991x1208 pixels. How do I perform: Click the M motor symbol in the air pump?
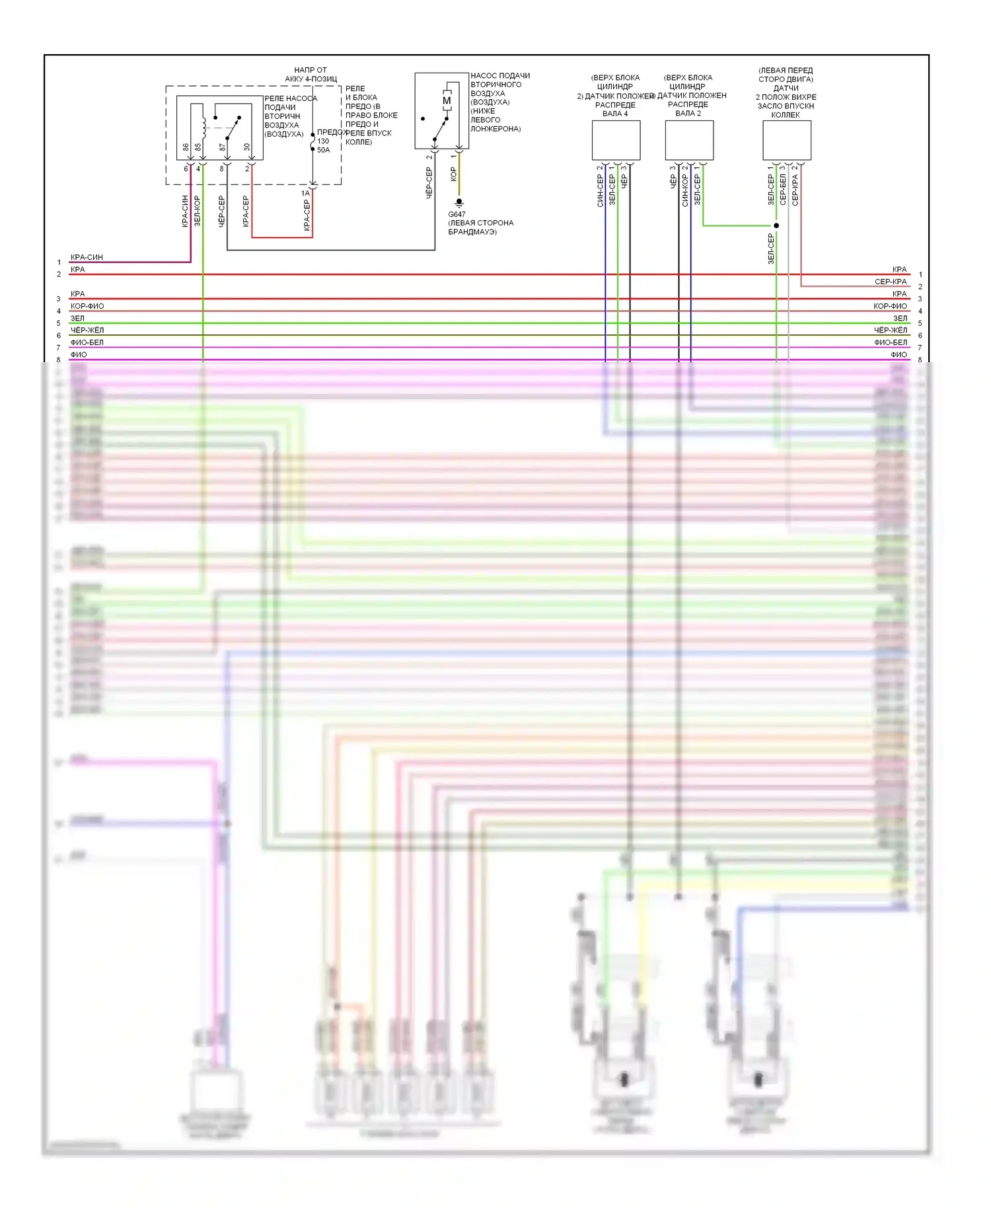[x=447, y=101]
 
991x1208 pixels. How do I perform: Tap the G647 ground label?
[x=457, y=214]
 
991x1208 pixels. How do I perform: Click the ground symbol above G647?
[x=459, y=202]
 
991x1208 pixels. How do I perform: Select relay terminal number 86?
[x=186, y=147]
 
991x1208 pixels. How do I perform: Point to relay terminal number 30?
[x=247, y=147]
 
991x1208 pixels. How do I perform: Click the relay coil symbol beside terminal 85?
[x=203, y=126]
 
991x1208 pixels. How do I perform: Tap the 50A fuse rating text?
[x=323, y=150]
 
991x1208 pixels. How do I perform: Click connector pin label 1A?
[x=305, y=193]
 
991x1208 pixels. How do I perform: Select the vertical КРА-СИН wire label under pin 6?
[x=185, y=211]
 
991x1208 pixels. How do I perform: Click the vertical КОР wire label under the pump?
[x=453, y=174]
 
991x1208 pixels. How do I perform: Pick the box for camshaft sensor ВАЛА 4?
[x=616, y=140]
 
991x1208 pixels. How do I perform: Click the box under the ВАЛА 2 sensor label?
[x=689, y=140]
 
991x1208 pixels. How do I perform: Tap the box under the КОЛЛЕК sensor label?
[x=787, y=140]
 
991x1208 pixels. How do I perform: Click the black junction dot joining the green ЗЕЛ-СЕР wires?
[x=776, y=225]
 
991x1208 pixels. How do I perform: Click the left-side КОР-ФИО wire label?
[x=87, y=306]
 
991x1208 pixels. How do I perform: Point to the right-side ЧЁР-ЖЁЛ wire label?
[x=890, y=330]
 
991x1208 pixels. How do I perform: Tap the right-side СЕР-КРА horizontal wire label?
[x=890, y=282]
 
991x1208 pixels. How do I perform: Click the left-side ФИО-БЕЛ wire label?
[x=87, y=342]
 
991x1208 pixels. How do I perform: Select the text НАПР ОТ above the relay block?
[x=311, y=70]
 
